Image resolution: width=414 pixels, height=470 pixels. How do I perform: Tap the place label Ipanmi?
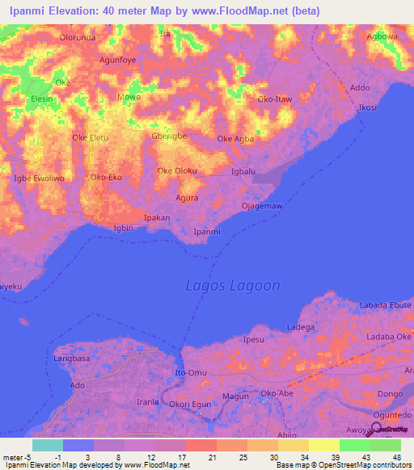(x=207, y=232)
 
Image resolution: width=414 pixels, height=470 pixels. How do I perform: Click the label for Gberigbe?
(x=169, y=136)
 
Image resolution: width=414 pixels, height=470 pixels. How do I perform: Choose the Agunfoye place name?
(x=117, y=60)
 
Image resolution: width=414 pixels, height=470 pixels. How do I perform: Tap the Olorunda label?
(x=78, y=38)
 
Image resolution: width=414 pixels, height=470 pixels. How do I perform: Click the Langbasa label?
(x=74, y=357)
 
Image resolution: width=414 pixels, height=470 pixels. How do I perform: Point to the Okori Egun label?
(x=190, y=403)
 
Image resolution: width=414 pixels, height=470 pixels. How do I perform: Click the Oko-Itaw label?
(x=274, y=99)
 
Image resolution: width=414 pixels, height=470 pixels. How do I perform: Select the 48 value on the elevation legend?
(x=397, y=456)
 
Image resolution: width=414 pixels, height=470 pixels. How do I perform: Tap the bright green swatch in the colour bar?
(x=354, y=445)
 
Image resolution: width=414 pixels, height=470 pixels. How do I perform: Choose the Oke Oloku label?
(x=177, y=170)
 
